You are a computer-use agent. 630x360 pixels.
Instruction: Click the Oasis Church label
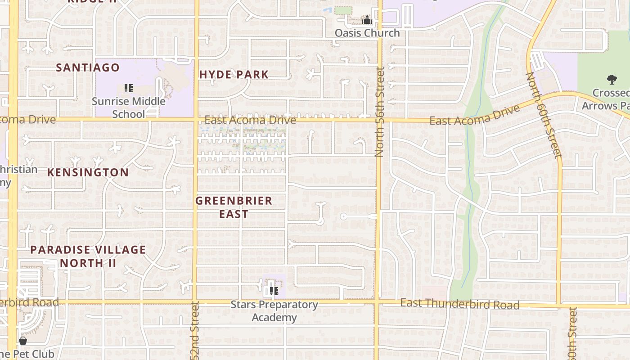[367, 33]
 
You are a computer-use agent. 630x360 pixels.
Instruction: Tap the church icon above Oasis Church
[367, 20]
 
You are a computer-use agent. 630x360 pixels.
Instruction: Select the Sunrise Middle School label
[129, 108]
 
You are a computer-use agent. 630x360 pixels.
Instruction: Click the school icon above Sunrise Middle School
[129, 88]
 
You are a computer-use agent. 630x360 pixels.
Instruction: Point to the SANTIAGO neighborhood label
[88, 68]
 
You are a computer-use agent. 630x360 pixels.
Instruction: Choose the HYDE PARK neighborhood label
[234, 75]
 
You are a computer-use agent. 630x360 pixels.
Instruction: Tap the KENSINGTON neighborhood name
[88, 172]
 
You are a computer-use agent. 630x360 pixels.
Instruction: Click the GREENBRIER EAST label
[234, 207]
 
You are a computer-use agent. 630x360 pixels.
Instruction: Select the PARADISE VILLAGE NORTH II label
[88, 256]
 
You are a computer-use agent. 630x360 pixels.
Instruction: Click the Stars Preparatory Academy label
[274, 311]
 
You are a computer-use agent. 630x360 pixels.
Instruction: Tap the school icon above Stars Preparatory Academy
[274, 291]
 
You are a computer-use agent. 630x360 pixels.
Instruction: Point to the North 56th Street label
[379, 112]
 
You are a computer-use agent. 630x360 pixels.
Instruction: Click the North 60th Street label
[544, 115]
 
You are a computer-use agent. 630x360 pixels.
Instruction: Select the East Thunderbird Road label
[460, 304]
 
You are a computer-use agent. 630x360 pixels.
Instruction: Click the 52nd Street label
[195, 331]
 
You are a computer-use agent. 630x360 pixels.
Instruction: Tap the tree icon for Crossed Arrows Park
[612, 80]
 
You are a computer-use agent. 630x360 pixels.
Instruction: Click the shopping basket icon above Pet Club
[23, 341]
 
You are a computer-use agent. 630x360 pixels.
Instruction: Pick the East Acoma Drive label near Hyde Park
[250, 120]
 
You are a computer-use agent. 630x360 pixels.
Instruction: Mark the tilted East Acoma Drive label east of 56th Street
[474, 115]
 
